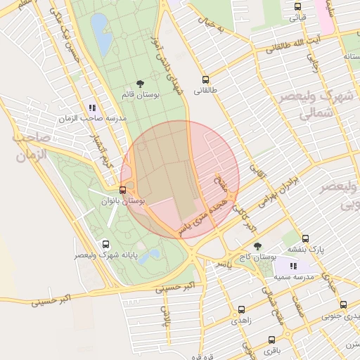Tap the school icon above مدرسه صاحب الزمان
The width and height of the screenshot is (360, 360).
[92, 108]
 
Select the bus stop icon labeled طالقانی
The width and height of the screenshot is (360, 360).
[205, 79]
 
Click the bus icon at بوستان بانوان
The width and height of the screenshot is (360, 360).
[123, 190]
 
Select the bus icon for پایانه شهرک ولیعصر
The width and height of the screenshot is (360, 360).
[105, 245]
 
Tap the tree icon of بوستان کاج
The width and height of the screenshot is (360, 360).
[257, 246]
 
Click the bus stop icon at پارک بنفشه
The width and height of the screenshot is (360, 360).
[305, 238]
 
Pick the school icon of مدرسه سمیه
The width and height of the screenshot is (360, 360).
[293, 266]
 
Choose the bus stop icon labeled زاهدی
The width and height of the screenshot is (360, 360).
[242, 309]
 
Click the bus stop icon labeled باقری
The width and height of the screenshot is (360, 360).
[271, 338]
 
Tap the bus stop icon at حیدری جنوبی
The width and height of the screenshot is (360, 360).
[343, 304]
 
